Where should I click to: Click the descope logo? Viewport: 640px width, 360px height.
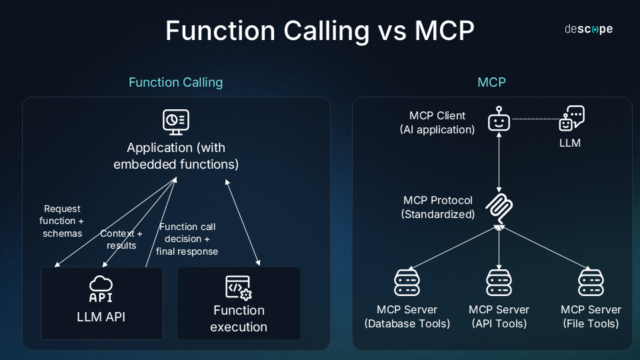click(x=589, y=29)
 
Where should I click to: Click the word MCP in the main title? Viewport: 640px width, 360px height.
click(x=445, y=31)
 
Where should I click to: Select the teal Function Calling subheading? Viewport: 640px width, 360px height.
click(x=176, y=83)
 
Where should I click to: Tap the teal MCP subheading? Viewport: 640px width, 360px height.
click(x=491, y=83)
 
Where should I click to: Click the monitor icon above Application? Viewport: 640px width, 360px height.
click(x=176, y=122)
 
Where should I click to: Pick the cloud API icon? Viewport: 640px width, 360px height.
click(x=101, y=289)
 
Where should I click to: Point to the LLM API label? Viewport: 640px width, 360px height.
click(x=101, y=317)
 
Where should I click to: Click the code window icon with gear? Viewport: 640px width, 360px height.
click(x=239, y=288)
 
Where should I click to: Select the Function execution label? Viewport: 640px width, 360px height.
click(x=239, y=319)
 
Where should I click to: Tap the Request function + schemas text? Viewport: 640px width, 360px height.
click(x=62, y=221)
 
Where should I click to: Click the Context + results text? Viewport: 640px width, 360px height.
click(x=121, y=239)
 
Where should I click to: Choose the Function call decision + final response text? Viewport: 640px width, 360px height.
click(x=187, y=239)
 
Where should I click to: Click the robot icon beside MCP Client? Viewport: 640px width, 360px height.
click(x=499, y=119)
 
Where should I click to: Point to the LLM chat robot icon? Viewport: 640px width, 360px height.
click(x=571, y=119)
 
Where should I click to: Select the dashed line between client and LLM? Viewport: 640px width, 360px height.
click(x=535, y=119)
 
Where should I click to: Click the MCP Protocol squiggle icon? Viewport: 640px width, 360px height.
click(x=499, y=208)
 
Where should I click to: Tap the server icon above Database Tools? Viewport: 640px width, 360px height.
click(x=407, y=282)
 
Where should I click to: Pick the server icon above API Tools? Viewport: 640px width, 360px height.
click(x=499, y=282)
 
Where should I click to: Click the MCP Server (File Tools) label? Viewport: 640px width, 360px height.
click(x=591, y=317)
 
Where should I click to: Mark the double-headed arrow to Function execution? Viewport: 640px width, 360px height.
click(x=243, y=223)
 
